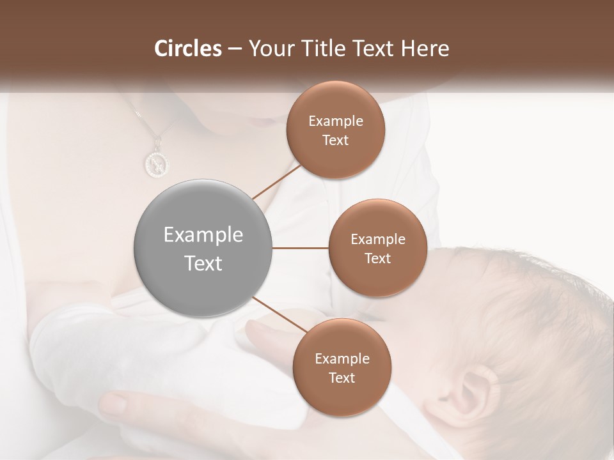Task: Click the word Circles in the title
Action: (187, 49)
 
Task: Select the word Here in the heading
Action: (426, 49)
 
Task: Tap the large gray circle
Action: (203, 248)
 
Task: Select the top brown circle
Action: (336, 130)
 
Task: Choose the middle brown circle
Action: (377, 248)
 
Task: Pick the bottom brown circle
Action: (342, 367)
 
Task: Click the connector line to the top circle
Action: (277, 182)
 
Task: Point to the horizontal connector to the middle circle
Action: (301, 248)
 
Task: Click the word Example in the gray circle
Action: (203, 235)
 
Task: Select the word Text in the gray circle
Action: (203, 263)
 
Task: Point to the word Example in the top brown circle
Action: (336, 121)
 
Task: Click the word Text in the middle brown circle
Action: (377, 258)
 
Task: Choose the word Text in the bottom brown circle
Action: (342, 378)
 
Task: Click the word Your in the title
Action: (269, 49)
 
